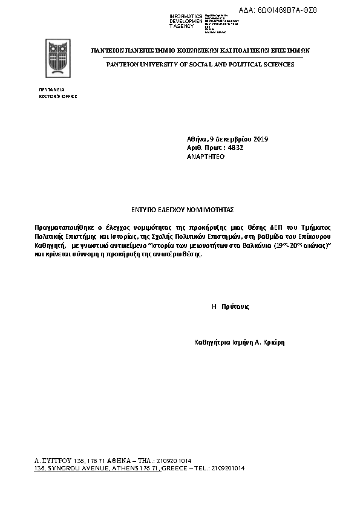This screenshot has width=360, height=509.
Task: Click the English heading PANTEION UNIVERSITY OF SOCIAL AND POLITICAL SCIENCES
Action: pos(200,64)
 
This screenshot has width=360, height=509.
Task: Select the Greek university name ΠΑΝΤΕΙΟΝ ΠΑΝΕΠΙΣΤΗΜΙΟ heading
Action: pos(200,51)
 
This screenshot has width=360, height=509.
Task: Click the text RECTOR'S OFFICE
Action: pos(58,96)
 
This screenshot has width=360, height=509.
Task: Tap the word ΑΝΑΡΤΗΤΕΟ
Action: pos(206,156)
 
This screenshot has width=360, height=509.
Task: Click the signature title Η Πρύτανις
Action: pos(230,306)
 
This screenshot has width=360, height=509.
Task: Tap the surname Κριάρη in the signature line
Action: pos(273,342)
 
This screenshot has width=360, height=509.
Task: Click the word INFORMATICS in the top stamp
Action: pos(186,16)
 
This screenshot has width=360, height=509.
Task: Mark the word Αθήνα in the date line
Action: pos(197,140)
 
